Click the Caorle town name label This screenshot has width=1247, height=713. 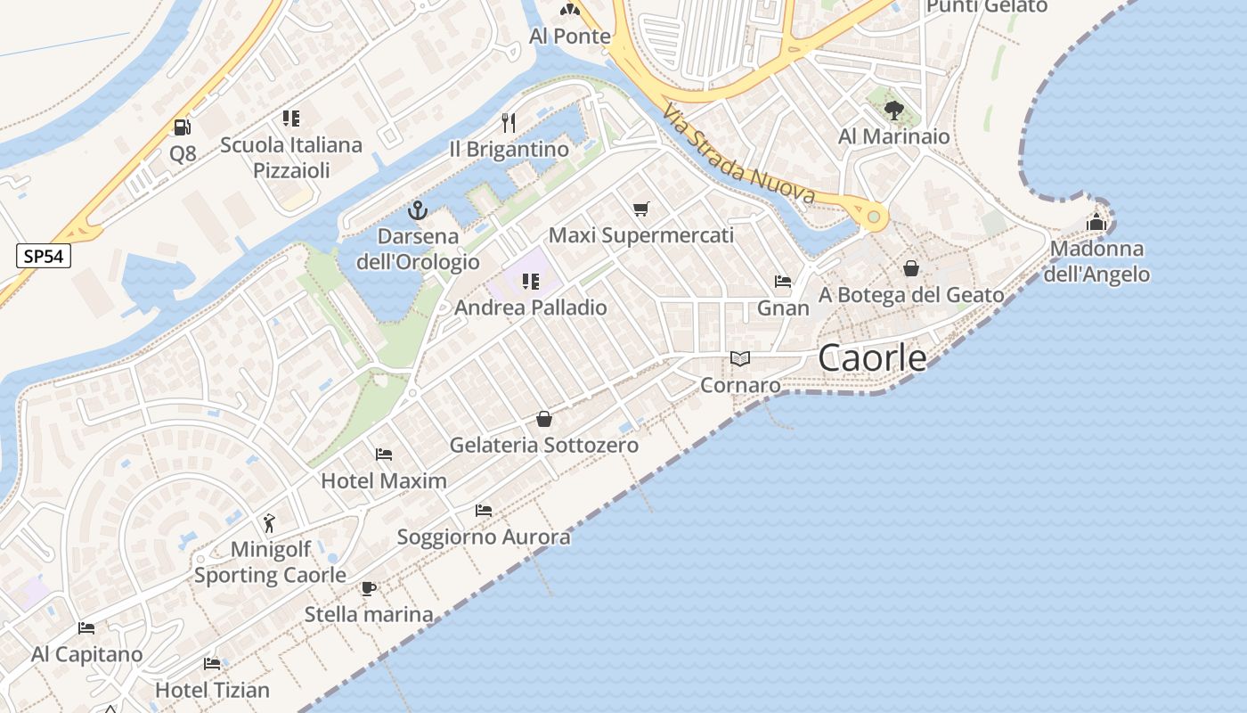tap(872, 358)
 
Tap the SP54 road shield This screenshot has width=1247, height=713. tap(44, 257)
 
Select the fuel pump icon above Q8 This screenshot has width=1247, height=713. tap(183, 127)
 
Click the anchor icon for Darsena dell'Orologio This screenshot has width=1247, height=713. tap(418, 211)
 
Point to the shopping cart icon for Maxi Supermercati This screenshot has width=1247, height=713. tap(640, 209)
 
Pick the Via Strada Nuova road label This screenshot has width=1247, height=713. tap(738, 153)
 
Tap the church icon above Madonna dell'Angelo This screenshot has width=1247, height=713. tap(1096, 222)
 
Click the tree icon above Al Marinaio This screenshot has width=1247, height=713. tap(894, 111)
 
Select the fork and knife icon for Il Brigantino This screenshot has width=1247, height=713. tap(509, 122)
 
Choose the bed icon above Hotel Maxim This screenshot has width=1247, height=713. tap(384, 455)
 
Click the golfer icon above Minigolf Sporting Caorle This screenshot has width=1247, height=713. tap(270, 522)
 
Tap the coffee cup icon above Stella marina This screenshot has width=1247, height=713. tap(369, 588)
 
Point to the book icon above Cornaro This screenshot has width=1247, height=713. tap(740, 359)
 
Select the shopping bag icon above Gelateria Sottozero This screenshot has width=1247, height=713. tap(544, 419)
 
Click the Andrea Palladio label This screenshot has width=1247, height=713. tap(531, 307)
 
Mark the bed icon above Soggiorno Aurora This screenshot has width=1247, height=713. tap(484, 511)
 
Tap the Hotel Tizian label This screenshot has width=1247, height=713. tap(212, 690)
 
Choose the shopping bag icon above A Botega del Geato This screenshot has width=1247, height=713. tap(911, 268)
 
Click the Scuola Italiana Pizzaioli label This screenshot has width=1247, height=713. tap(291, 158)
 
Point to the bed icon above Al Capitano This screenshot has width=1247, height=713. tap(86, 628)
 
